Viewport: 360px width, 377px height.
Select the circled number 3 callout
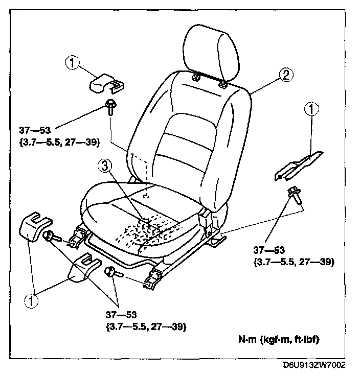click(104, 166)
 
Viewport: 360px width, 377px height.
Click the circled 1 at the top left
click(73, 63)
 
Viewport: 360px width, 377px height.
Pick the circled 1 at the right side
click(311, 109)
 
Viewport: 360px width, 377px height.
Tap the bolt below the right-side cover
click(294, 195)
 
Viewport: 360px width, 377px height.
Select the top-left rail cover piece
click(105, 82)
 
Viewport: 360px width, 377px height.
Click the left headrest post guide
click(196, 79)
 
